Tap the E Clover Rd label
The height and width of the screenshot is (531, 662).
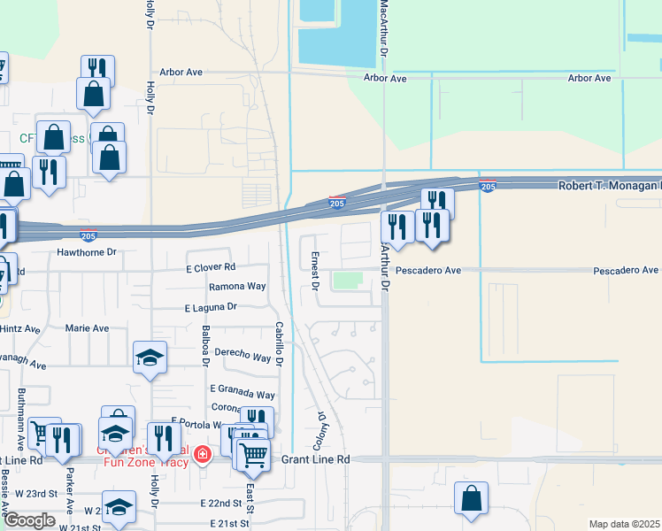pyautogui.click(x=211, y=267)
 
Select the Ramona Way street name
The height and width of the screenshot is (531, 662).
pyautogui.click(x=237, y=287)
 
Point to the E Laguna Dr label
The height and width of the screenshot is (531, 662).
pyautogui.click(x=211, y=307)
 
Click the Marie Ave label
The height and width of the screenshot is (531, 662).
pyautogui.click(x=88, y=328)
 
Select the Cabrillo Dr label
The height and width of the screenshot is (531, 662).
pyautogui.click(x=278, y=343)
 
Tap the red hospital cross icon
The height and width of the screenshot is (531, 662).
pyautogui.click(x=204, y=455)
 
